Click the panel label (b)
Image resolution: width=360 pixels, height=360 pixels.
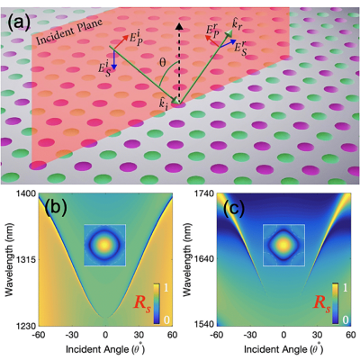(x=56, y=208)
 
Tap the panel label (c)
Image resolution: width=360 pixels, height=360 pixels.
(x=235, y=208)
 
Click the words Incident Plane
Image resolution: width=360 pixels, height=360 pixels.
(x=70, y=31)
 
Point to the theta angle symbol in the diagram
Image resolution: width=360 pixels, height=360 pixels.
(x=162, y=62)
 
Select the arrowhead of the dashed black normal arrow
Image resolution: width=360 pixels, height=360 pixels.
(x=179, y=26)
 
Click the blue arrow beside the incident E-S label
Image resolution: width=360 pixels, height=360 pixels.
(x=114, y=58)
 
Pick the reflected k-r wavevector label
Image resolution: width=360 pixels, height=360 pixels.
(x=238, y=25)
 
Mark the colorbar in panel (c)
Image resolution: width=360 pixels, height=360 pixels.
(x=336, y=303)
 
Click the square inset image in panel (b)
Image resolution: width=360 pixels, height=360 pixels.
(x=104, y=245)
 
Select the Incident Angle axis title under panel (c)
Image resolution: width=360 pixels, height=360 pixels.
(x=283, y=349)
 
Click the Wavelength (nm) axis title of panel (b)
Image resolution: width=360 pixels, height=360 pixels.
(x=10, y=259)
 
